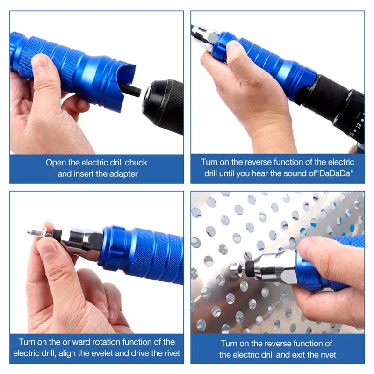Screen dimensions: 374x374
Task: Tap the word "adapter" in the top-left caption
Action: click(122, 174)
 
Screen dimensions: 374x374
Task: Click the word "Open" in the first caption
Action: click(55, 163)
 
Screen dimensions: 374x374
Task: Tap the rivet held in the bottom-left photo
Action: click(37, 232)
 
